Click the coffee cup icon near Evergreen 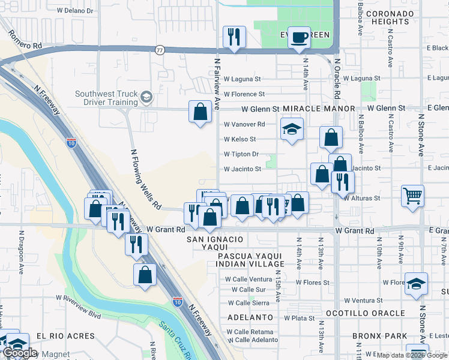pyautogui.click(x=298, y=38)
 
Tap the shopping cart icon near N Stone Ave pyautogui.click(x=413, y=196)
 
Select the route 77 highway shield pyautogui.click(x=160, y=50)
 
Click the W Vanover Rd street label pyautogui.click(x=244, y=124)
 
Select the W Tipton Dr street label pyautogui.click(x=241, y=154)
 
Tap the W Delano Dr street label pyautogui.click(x=76, y=11)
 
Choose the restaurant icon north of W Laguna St pyautogui.click(x=234, y=37)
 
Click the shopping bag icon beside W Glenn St pyautogui.click(x=200, y=112)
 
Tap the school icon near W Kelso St pyautogui.click(x=292, y=129)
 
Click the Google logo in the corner pyautogui.click(x=19, y=353)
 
